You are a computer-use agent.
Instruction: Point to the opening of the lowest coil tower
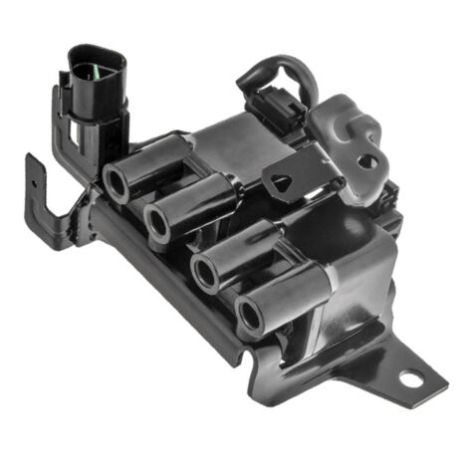tap(250, 314)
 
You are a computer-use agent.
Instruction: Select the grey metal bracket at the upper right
tap(349, 129)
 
